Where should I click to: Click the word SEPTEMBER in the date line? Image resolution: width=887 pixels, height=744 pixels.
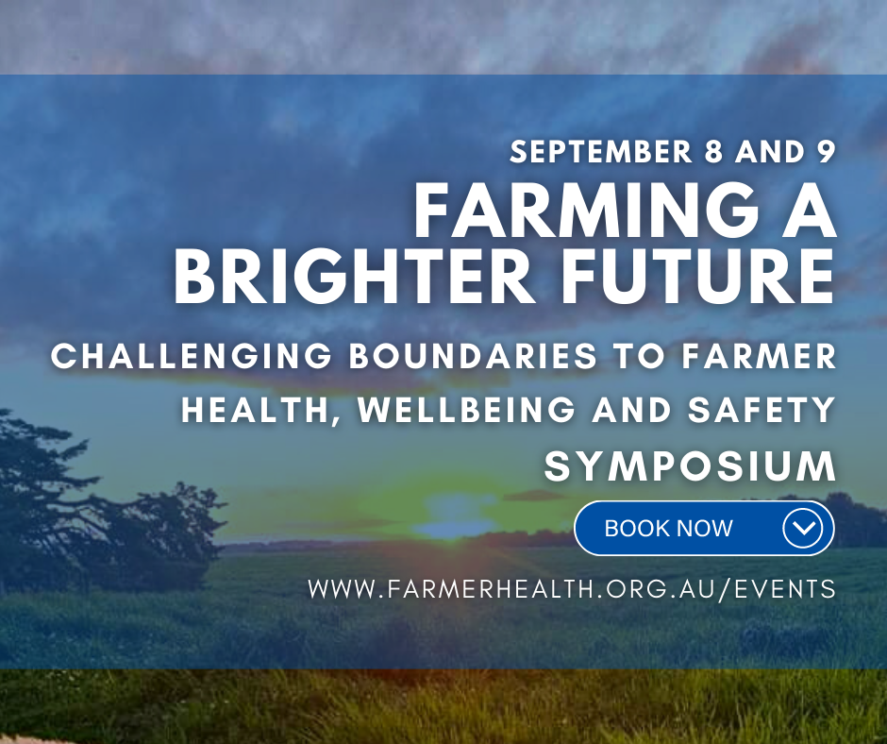pyautogui.click(x=601, y=152)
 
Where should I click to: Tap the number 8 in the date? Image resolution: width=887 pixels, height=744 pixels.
pyautogui.click(x=714, y=152)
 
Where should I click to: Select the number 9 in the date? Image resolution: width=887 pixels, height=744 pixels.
pyautogui.click(x=826, y=152)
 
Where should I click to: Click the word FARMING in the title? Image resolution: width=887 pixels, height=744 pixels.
pyautogui.click(x=587, y=210)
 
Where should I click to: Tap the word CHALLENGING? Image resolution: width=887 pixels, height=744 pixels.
pyautogui.click(x=192, y=356)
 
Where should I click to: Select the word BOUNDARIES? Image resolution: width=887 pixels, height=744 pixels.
pyautogui.click(x=473, y=356)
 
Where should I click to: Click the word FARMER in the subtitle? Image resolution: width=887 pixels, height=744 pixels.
pyautogui.click(x=759, y=356)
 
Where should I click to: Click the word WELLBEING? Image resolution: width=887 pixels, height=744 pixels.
pyautogui.click(x=466, y=410)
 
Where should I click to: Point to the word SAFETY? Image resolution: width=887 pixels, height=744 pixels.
pyautogui.click(x=761, y=410)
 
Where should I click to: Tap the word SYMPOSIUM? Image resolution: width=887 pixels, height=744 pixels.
pyautogui.click(x=690, y=466)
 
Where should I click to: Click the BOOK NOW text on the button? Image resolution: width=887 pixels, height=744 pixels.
pyautogui.click(x=669, y=529)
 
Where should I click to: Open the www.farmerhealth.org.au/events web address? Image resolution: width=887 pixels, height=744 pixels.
pyautogui.click(x=572, y=589)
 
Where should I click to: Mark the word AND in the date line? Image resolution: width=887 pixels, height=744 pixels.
pyautogui.click(x=770, y=152)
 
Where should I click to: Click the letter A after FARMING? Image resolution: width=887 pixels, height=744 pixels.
pyautogui.click(x=808, y=210)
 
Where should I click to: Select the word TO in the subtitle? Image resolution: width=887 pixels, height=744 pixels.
pyautogui.click(x=640, y=356)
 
